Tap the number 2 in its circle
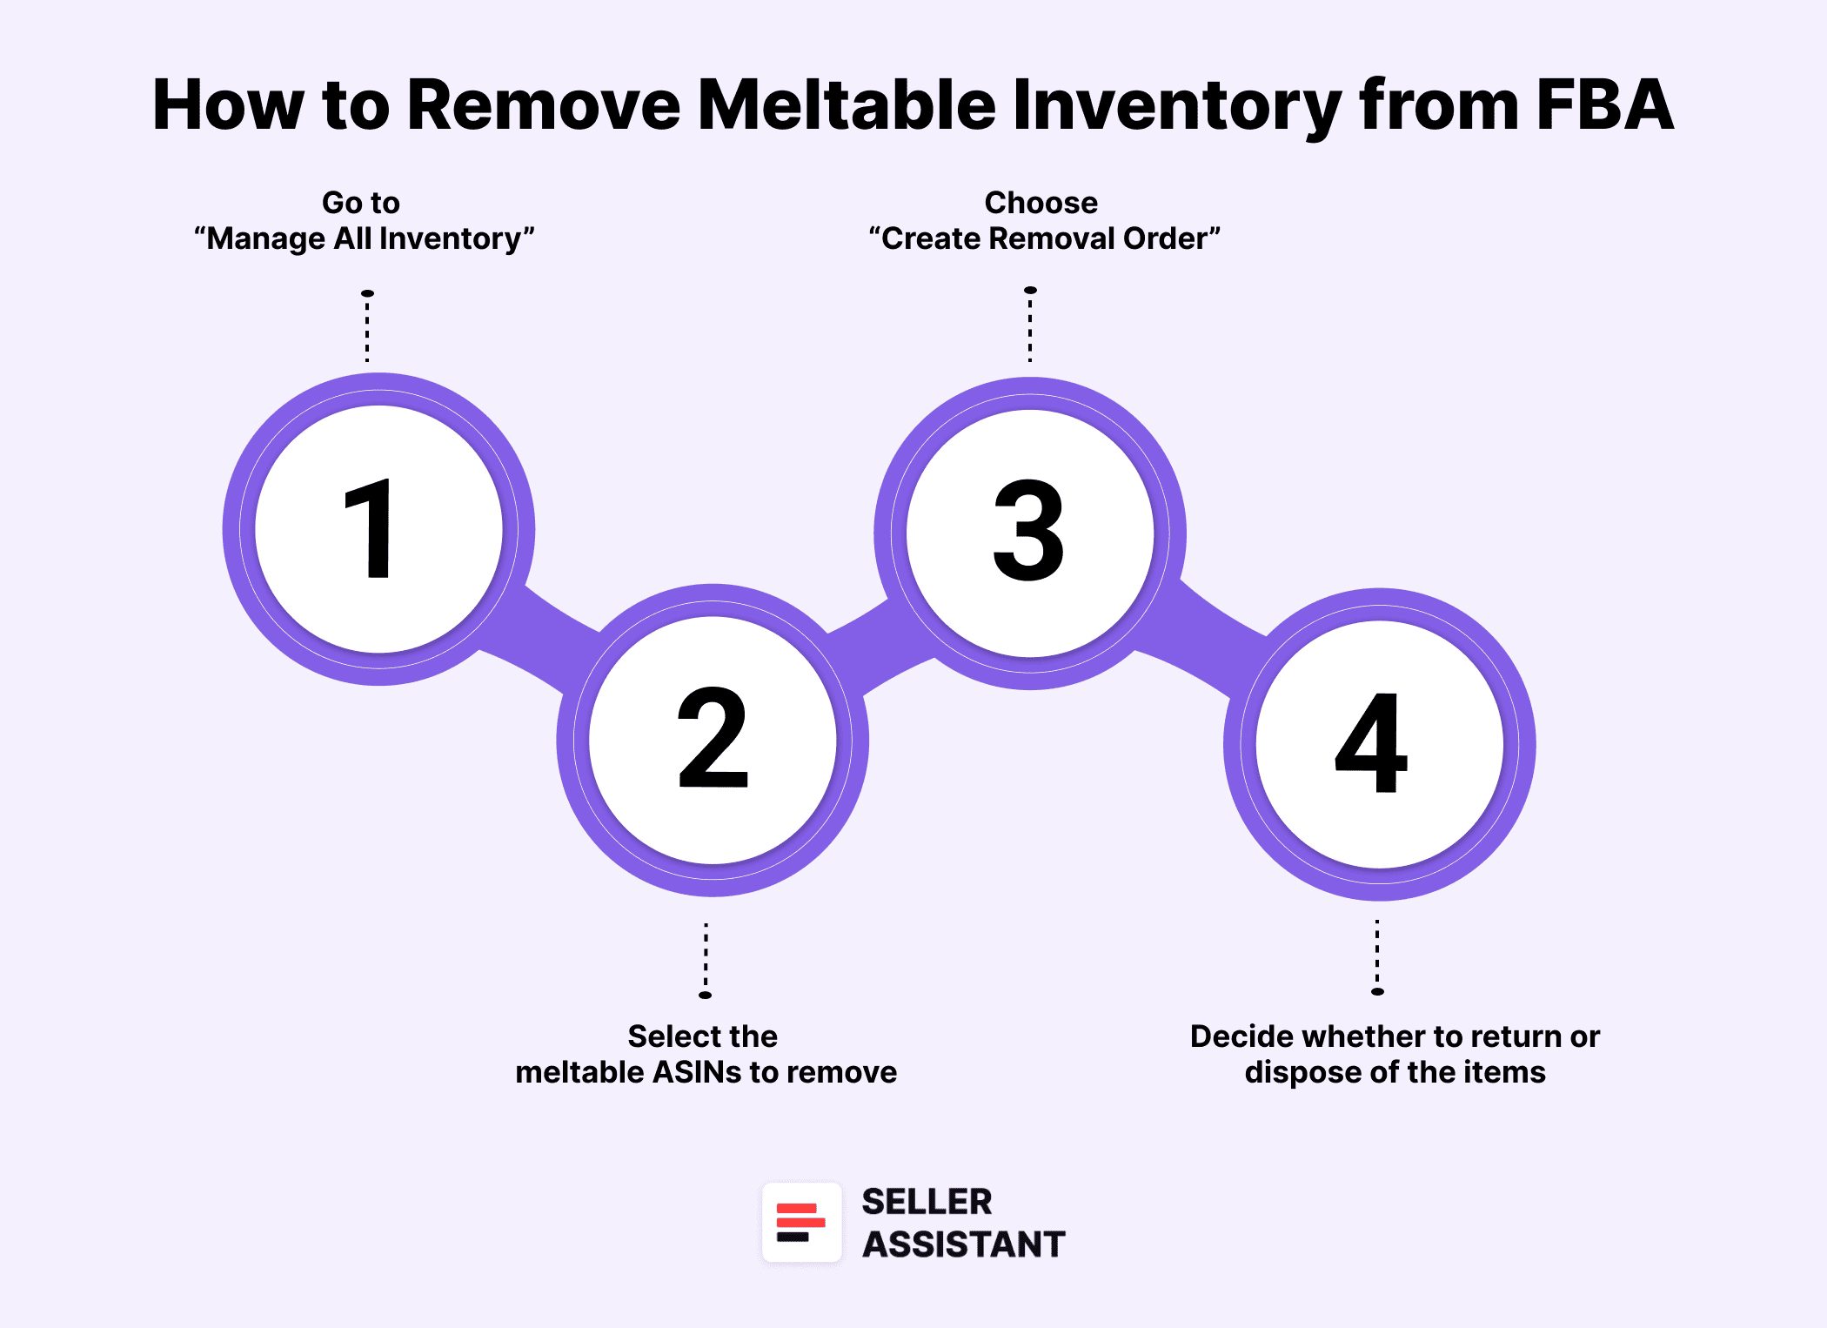coord(713,737)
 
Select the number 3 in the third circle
coord(1029,530)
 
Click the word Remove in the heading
coord(544,104)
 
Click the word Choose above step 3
coord(1041,203)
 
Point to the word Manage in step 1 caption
coord(266,238)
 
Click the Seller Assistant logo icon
coord(801,1222)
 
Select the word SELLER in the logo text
coord(927,1202)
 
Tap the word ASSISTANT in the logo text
coord(964,1244)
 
